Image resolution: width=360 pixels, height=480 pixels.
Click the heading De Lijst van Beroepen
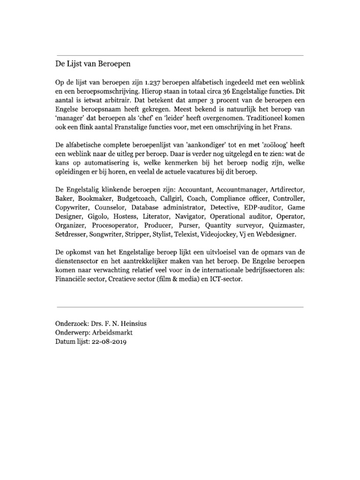(92, 63)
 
